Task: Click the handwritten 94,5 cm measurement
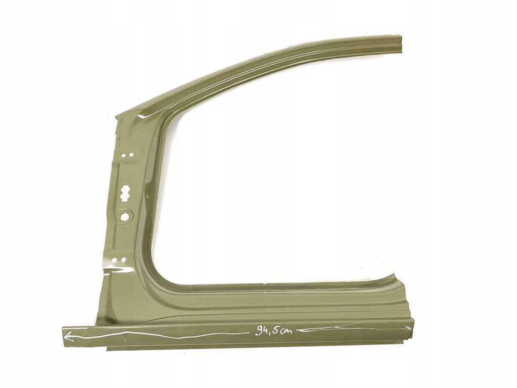pyautogui.click(x=274, y=330)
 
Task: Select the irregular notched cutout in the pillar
pyautogui.click(x=125, y=193)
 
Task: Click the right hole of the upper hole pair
pyautogui.click(x=131, y=155)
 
